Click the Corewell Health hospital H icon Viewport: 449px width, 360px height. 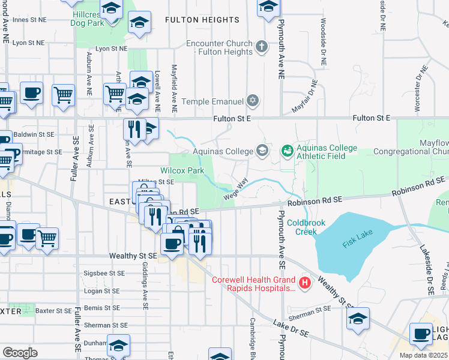(305, 282)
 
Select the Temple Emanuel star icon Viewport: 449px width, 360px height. (253, 100)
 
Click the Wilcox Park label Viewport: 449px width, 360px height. (182, 170)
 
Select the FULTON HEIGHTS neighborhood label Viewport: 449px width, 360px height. (202, 20)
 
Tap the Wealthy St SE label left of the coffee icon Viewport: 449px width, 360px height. (133, 256)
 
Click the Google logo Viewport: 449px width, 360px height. (20, 352)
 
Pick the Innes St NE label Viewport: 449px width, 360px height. (29, 20)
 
